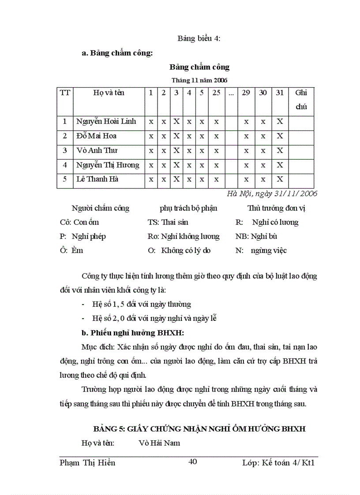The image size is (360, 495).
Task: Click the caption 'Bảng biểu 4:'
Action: click(x=199, y=38)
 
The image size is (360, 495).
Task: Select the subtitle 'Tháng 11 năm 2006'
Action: click(x=199, y=80)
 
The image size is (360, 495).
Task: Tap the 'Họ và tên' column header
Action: click(x=109, y=93)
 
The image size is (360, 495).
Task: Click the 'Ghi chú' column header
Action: click(x=301, y=100)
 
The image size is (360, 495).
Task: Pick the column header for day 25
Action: click(x=216, y=93)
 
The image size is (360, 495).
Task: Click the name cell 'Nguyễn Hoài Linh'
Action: click(x=106, y=121)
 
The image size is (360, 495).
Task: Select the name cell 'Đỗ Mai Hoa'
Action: click(x=96, y=136)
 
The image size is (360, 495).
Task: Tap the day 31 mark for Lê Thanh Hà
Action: click(x=279, y=179)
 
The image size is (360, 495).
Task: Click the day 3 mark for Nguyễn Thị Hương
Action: click(x=176, y=165)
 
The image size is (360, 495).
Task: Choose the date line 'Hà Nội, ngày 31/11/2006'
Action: click(x=272, y=194)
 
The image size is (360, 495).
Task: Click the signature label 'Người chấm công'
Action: click(x=101, y=208)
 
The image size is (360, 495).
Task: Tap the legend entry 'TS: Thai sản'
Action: click(x=168, y=222)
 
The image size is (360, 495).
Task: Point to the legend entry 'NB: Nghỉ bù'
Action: click(x=256, y=236)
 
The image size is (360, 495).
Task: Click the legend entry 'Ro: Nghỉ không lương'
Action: click(x=183, y=236)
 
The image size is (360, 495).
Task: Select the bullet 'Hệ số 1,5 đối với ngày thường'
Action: click(x=141, y=304)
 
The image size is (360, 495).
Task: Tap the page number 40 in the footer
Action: click(x=192, y=462)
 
